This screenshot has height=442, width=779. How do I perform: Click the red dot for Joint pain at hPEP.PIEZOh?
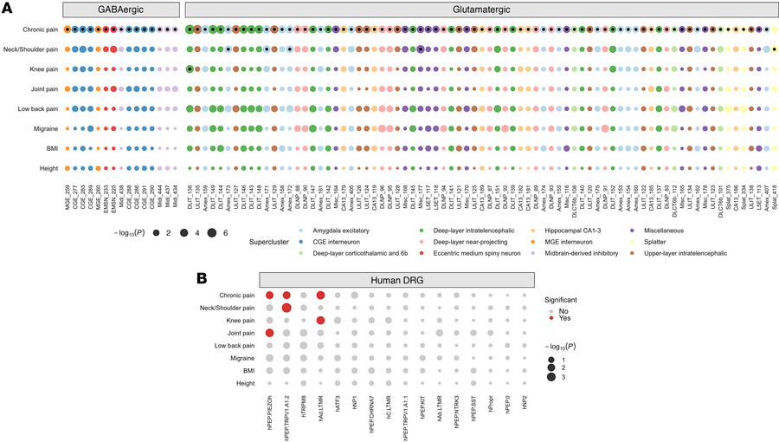tap(269, 333)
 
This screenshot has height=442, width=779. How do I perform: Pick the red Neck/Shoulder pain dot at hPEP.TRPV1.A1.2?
tap(286, 308)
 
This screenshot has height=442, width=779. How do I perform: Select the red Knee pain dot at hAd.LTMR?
tap(320, 321)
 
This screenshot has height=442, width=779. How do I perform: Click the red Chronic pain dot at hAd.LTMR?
tap(320, 296)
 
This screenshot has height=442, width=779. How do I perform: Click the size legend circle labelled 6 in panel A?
tap(210, 233)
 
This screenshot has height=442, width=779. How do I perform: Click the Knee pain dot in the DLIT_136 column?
tap(190, 68)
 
